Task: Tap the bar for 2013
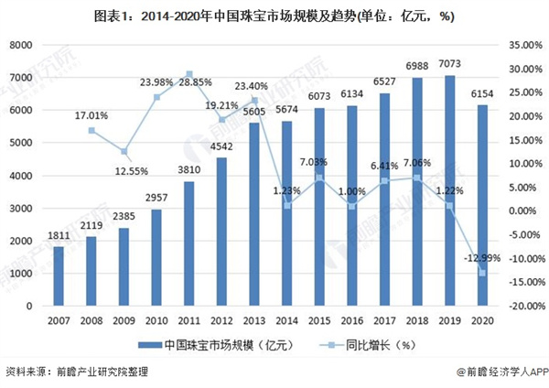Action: coord(253,214)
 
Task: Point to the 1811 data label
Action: coord(58,237)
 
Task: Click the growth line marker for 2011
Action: coord(188,74)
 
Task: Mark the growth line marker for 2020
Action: coord(481,273)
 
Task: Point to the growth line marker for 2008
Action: coord(91,130)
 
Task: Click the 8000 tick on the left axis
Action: coord(21,45)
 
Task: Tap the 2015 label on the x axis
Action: coord(318,320)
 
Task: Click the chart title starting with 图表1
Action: coord(274,16)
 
